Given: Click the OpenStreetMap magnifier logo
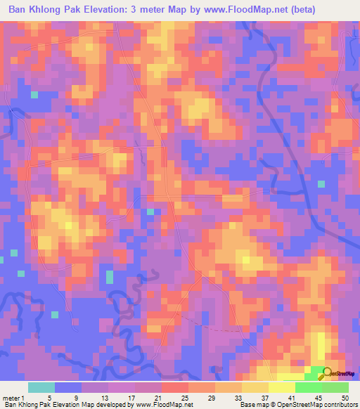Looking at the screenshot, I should tap(328, 373).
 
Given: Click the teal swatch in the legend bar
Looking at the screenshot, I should tap(41, 387).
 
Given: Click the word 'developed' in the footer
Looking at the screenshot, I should tap(105, 405).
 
